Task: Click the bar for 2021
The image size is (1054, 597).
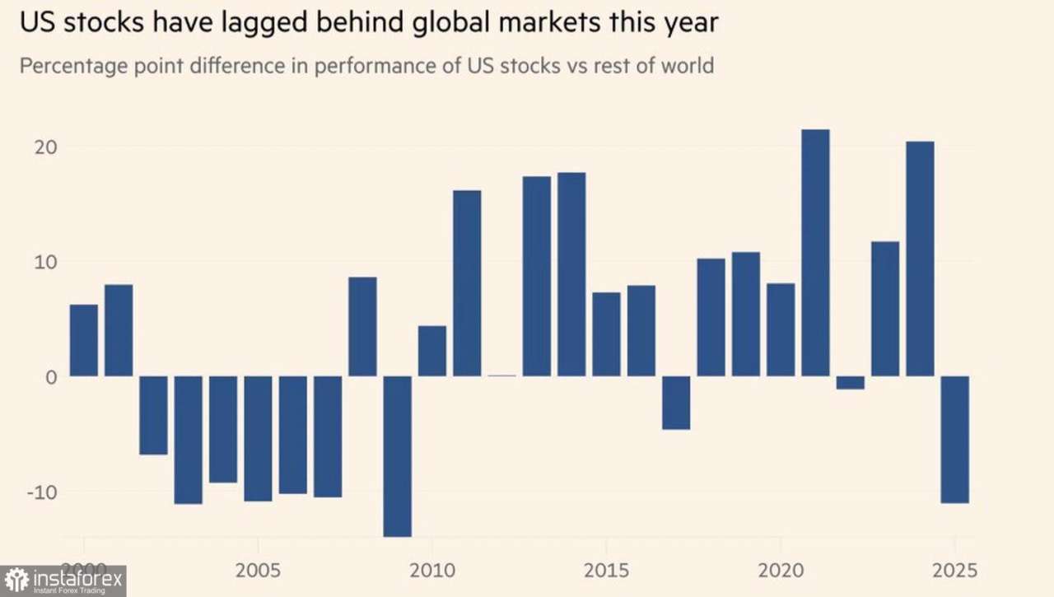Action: pyautogui.click(x=815, y=253)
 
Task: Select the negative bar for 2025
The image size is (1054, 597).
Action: pyautogui.click(x=955, y=439)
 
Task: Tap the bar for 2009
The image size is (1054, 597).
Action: pyautogui.click(x=398, y=455)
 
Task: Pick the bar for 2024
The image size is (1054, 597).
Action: pyautogui.click(x=920, y=259)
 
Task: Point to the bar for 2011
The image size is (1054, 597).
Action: pyautogui.click(x=467, y=283)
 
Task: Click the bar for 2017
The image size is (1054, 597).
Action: pyautogui.click(x=676, y=403)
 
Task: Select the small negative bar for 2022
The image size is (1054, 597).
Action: pyautogui.click(x=851, y=382)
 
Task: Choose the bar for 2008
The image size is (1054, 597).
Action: pyautogui.click(x=362, y=326)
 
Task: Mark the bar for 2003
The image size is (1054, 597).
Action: pyautogui.click(x=188, y=440)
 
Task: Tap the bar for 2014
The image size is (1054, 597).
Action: pyautogui.click(x=571, y=274)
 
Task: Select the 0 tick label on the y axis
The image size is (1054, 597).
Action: pyautogui.click(x=50, y=377)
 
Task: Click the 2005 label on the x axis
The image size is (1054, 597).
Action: pyautogui.click(x=258, y=570)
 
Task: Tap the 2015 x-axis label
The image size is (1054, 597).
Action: pyautogui.click(x=606, y=570)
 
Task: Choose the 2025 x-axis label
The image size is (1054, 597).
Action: pyautogui.click(x=954, y=570)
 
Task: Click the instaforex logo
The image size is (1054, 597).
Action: pyautogui.click(x=63, y=581)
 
